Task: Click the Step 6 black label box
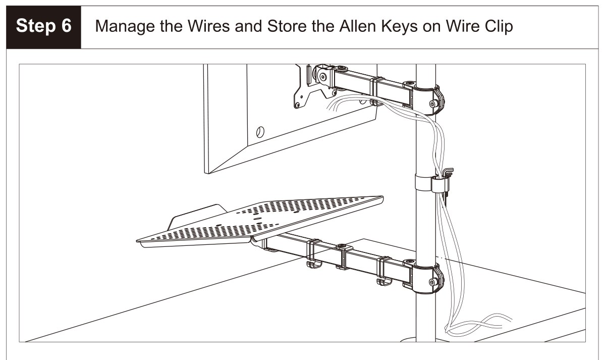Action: pos(43,27)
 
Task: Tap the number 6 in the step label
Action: pos(66,26)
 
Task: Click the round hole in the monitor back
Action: pos(260,132)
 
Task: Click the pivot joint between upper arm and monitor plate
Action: pos(324,76)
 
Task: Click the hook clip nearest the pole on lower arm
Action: pos(385,271)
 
